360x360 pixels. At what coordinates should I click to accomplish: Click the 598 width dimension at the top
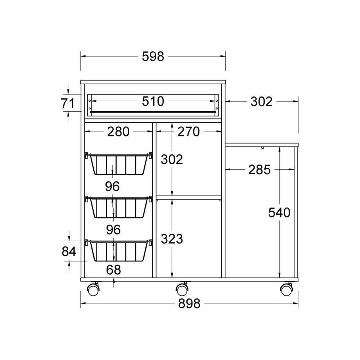click(x=153, y=57)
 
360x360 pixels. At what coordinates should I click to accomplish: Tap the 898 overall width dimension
click(x=189, y=303)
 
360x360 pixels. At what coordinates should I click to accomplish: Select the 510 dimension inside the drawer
click(x=153, y=101)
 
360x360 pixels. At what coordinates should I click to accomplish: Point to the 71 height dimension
click(x=68, y=103)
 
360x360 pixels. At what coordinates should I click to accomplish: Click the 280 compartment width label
click(x=118, y=131)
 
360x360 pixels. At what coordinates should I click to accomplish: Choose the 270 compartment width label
click(x=189, y=131)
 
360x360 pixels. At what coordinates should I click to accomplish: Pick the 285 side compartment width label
click(x=260, y=170)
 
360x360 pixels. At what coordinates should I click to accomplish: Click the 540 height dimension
click(x=279, y=212)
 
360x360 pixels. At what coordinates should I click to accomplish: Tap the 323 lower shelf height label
click(x=172, y=239)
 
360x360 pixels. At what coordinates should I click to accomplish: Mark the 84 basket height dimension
click(x=69, y=251)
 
